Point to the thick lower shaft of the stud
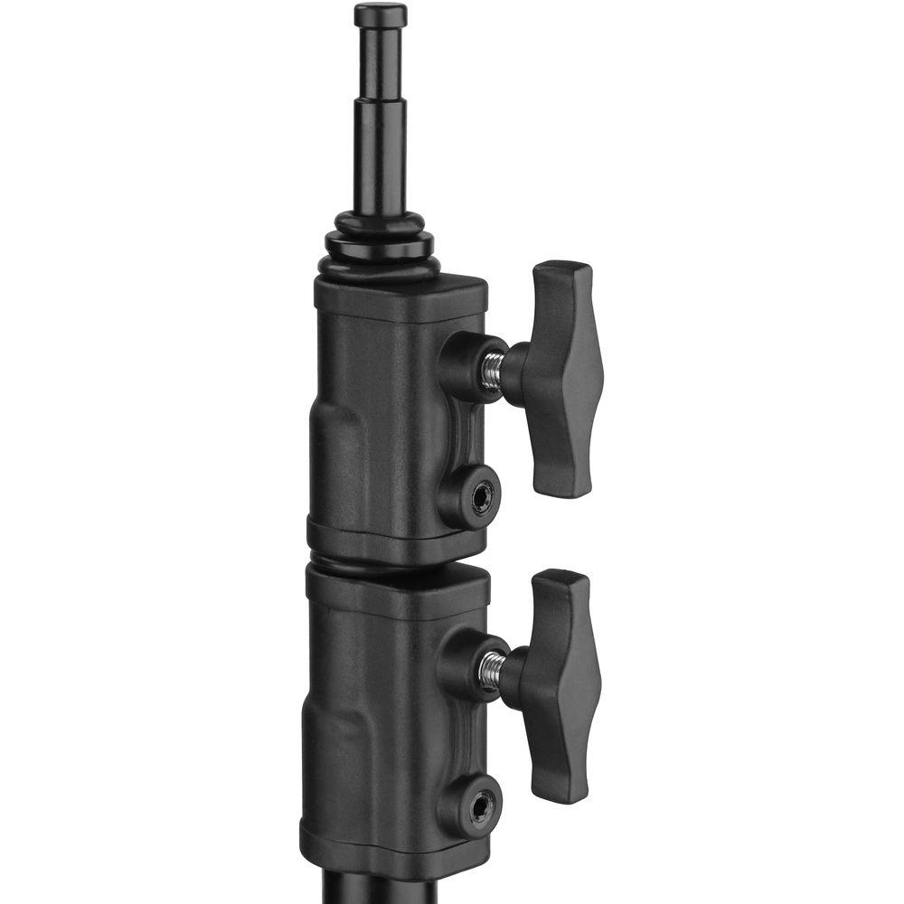[x=380, y=158]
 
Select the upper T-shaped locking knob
[x=562, y=380]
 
